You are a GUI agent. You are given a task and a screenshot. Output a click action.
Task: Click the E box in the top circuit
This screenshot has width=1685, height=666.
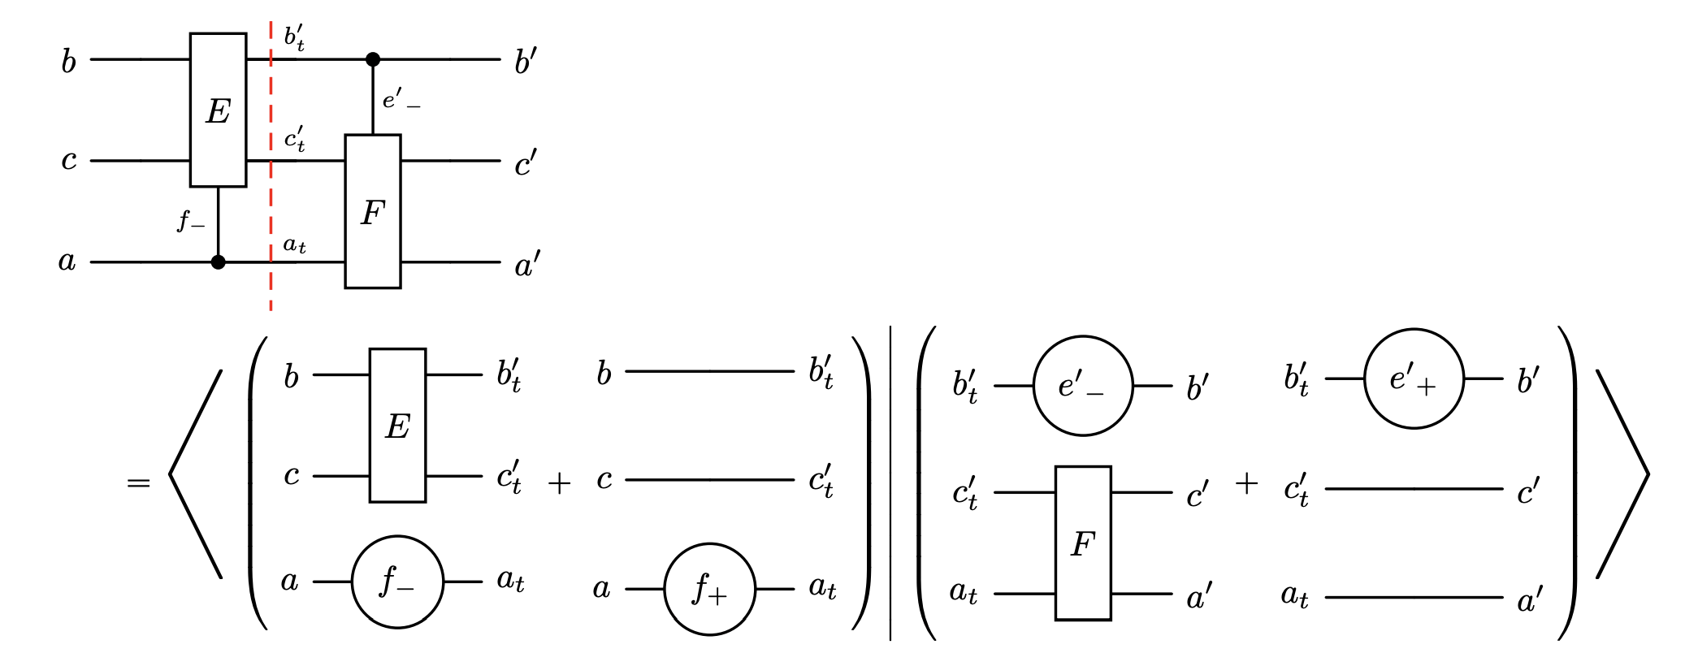click(218, 110)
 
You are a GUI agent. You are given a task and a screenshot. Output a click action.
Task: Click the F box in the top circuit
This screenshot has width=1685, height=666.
click(372, 211)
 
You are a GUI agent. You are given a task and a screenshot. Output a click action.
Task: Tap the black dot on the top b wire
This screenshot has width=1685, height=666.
click(373, 59)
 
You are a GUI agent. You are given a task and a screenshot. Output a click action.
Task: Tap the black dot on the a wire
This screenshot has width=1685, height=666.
click(218, 262)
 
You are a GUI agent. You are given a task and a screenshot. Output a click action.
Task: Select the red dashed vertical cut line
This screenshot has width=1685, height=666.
click(271, 203)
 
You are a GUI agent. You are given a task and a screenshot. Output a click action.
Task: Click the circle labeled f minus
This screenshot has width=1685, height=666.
click(397, 582)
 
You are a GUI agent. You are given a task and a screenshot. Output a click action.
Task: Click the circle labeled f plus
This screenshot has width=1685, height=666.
click(709, 589)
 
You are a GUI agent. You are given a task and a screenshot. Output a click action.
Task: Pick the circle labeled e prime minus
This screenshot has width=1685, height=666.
click(1082, 386)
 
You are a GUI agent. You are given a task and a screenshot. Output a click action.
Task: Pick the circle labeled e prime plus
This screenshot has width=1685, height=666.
click(1414, 378)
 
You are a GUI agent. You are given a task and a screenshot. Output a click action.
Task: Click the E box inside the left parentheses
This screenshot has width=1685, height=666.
click(397, 426)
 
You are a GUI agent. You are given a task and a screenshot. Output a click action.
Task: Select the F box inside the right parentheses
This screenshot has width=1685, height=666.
click(1082, 543)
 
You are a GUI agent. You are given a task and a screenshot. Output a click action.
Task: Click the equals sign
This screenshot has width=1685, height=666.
click(139, 483)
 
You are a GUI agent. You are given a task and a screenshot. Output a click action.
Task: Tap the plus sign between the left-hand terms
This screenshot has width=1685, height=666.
click(559, 483)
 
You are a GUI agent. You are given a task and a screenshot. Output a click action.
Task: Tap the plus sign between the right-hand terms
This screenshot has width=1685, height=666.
click(1246, 483)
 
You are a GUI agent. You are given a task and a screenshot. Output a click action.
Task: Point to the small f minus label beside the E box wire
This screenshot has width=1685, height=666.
click(191, 220)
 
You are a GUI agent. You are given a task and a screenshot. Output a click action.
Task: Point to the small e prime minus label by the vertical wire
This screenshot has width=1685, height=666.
click(401, 101)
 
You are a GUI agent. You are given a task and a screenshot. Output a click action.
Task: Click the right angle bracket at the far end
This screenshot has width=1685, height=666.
click(1623, 475)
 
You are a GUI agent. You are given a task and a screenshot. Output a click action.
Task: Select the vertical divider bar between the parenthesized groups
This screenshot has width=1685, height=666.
click(890, 483)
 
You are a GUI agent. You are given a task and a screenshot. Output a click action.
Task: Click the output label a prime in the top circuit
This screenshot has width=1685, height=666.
click(527, 265)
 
